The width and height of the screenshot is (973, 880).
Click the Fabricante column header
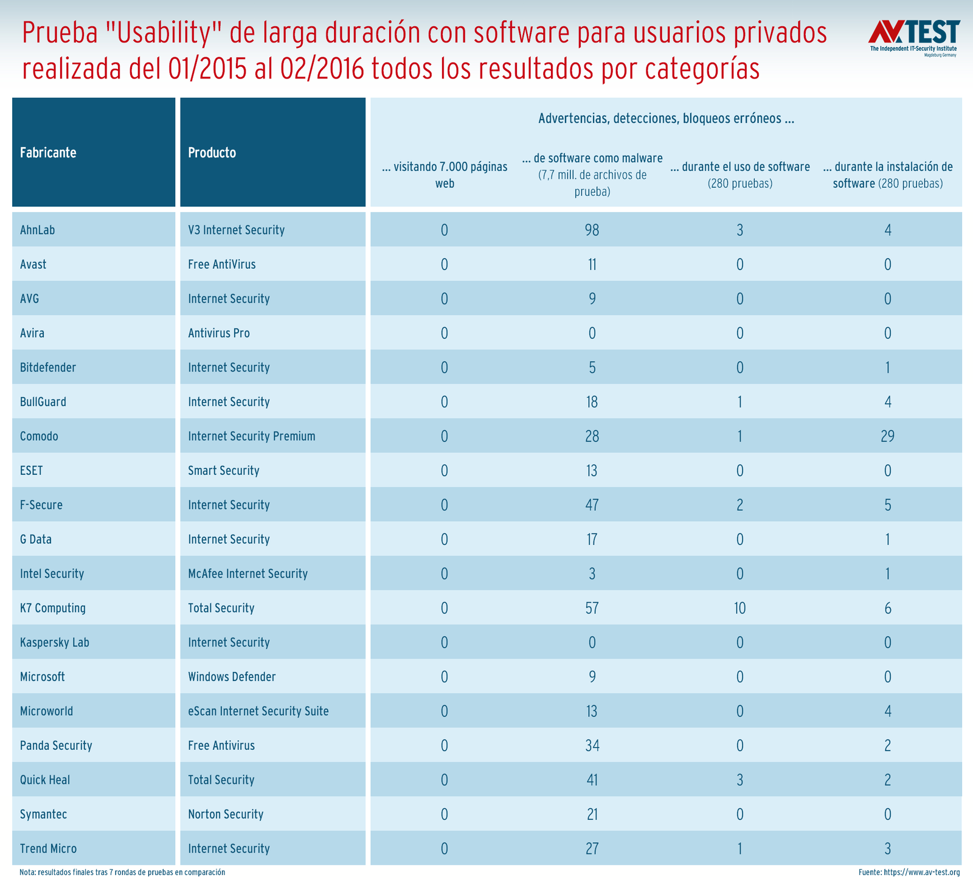tap(48, 153)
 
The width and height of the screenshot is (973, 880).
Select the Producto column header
tap(212, 153)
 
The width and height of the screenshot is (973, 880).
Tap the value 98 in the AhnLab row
tap(592, 230)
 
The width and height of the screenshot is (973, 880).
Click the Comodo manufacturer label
tap(39, 436)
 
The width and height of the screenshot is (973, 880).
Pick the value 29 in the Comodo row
tap(887, 436)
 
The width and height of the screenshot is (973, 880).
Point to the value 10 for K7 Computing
tap(739, 608)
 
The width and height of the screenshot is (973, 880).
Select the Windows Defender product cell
tap(232, 677)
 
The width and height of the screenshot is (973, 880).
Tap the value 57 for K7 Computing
tap(592, 608)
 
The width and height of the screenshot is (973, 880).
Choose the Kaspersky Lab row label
tap(54, 642)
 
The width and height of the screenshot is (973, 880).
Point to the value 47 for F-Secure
tap(592, 505)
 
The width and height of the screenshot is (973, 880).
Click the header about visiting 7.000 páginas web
tap(445, 175)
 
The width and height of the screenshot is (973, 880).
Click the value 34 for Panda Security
tap(592, 746)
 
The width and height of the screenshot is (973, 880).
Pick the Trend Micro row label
tap(48, 848)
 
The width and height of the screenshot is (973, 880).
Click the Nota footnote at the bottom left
tap(122, 873)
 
